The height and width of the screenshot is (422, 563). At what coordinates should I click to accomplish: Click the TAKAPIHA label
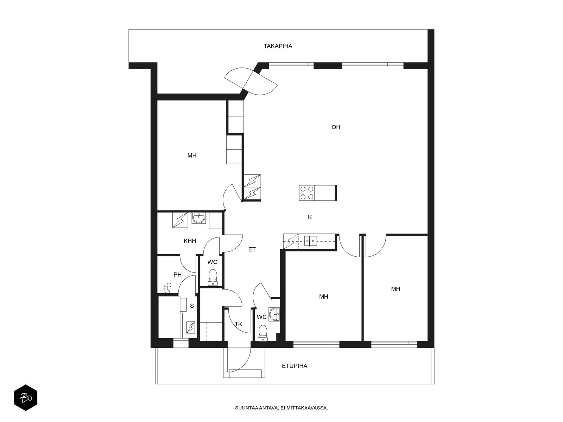pyautogui.click(x=278, y=46)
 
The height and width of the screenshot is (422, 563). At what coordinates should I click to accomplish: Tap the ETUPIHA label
pyautogui.click(x=295, y=366)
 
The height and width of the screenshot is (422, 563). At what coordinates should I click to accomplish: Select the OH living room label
pyautogui.click(x=336, y=127)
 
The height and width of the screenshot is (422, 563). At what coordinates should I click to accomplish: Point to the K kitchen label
pyautogui.click(x=310, y=217)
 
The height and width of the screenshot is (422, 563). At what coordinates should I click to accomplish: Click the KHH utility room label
pyautogui.click(x=190, y=241)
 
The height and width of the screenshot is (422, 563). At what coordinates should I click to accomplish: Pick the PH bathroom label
pyautogui.click(x=177, y=275)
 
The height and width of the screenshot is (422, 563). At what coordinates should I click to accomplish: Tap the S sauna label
pyautogui.click(x=192, y=306)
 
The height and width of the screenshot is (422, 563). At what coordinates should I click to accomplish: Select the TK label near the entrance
pyautogui.click(x=239, y=324)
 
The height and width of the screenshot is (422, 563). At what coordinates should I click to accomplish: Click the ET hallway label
pyautogui.click(x=252, y=249)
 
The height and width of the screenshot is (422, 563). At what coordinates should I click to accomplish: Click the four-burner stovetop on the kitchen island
pyautogui.click(x=307, y=193)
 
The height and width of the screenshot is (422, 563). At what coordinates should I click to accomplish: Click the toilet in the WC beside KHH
pyautogui.click(x=213, y=277)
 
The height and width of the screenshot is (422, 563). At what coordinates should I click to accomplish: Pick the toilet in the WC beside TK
pyautogui.click(x=262, y=333)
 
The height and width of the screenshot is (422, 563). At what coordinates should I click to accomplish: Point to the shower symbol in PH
pyautogui.click(x=167, y=288)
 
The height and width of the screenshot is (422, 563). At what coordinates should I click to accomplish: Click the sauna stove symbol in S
pyautogui.click(x=191, y=327)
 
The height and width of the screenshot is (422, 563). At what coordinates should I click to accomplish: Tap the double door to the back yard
pyautogui.click(x=251, y=81)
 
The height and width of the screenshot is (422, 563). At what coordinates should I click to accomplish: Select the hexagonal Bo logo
pyautogui.click(x=26, y=398)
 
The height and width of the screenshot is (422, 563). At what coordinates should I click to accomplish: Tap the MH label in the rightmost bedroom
pyautogui.click(x=396, y=289)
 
